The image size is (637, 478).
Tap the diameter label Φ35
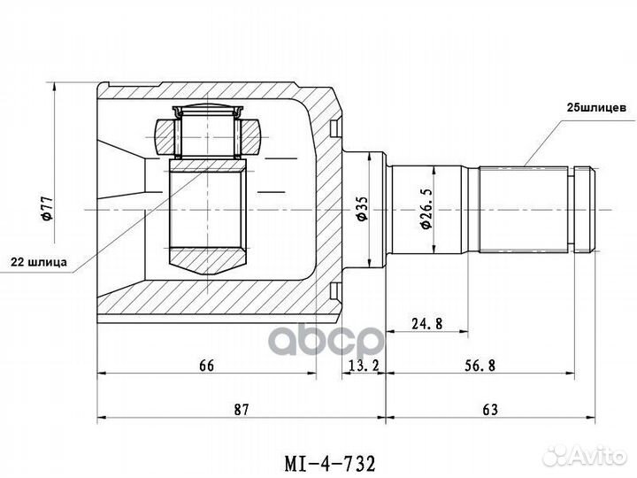click(360, 208)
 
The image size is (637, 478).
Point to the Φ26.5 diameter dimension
click(426, 210)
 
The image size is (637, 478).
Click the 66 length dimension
click(207, 365)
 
